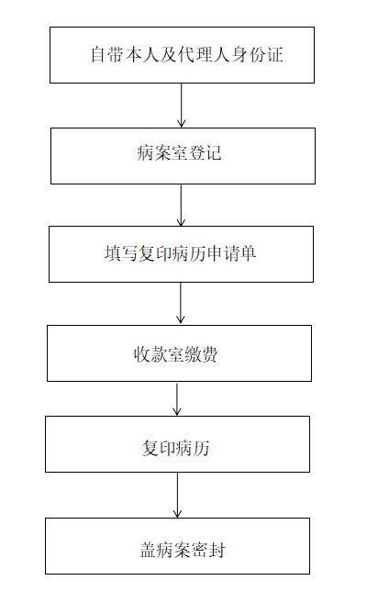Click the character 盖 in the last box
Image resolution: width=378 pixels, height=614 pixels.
[x=148, y=550]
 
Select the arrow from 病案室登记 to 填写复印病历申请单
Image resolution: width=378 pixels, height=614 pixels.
[x=181, y=206]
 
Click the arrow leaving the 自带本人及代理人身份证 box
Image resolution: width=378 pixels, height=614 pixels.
[x=181, y=106]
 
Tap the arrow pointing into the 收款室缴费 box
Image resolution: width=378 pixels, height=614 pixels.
[x=181, y=303]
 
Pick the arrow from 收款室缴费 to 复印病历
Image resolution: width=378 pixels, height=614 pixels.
[x=177, y=398]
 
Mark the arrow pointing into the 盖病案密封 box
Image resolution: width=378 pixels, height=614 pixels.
[x=177, y=495]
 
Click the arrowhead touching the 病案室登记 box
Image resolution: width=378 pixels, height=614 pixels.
[x=181, y=123]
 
